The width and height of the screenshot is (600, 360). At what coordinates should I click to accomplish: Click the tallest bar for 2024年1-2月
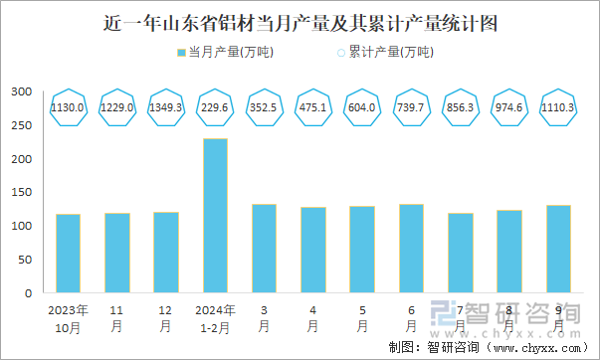(x=215, y=216)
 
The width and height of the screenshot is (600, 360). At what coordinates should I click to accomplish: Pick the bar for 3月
(x=264, y=249)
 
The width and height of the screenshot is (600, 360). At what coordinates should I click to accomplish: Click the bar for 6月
(x=411, y=249)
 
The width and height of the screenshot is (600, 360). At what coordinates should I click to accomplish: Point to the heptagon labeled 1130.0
(x=69, y=107)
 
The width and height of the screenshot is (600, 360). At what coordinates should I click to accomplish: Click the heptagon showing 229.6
(x=215, y=107)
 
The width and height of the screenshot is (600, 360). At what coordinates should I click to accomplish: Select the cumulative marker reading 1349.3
(x=166, y=107)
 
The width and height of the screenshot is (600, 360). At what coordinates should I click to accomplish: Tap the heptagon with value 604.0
(x=362, y=107)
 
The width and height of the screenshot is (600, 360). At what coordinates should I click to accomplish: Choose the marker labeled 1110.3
(x=558, y=107)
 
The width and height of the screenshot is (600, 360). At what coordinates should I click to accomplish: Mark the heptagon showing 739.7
(x=411, y=107)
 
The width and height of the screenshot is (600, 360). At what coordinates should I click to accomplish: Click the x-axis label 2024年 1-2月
(x=215, y=317)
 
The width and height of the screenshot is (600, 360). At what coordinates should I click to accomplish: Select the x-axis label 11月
(x=117, y=317)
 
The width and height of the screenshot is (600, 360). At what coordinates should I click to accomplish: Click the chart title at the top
(x=300, y=21)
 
